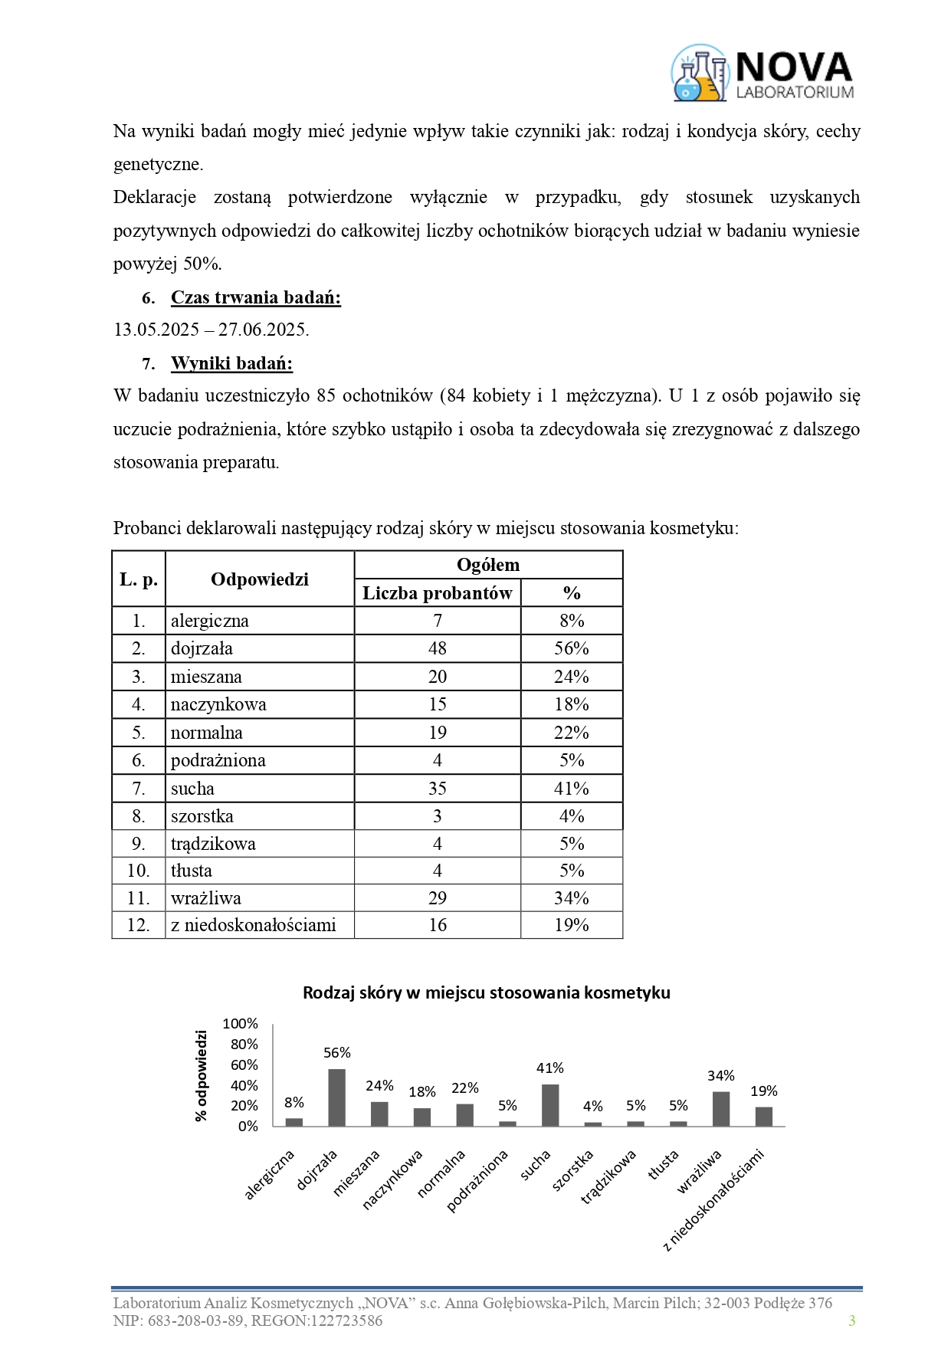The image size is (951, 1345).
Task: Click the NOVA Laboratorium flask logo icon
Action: (x=700, y=74)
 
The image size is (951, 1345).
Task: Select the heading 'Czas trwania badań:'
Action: (x=255, y=297)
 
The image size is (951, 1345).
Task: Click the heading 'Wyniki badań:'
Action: (x=231, y=363)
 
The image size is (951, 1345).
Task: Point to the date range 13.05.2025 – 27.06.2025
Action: (x=212, y=330)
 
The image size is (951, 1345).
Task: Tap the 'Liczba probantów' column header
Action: (x=437, y=593)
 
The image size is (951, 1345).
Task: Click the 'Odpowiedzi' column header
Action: (x=260, y=579)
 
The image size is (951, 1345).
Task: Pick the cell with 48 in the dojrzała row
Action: (x=437, y=648)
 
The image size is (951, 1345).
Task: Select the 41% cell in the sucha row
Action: (x=571, y=789)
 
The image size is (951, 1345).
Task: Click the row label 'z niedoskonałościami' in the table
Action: (x=253, y=925)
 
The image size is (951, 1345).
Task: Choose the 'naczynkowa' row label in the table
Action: (x=218, y=704)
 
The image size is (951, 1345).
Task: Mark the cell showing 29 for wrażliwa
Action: (x=437, y=898)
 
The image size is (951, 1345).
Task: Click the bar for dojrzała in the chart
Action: (x=336, y=1097)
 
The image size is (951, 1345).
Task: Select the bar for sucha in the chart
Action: (x=550, y=1105)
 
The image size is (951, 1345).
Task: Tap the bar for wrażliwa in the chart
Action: (x=721, y=1109)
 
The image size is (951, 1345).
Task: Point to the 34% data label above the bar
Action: (x=721, y=1076)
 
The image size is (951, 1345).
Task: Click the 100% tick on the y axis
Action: (x=241, y=1024)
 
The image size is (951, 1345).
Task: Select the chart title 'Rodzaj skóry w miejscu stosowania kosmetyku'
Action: (x=487, y=993)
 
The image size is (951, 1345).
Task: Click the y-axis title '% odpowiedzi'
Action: (x=202, y=1076)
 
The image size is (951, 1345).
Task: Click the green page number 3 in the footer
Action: (x=851, y=1320)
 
